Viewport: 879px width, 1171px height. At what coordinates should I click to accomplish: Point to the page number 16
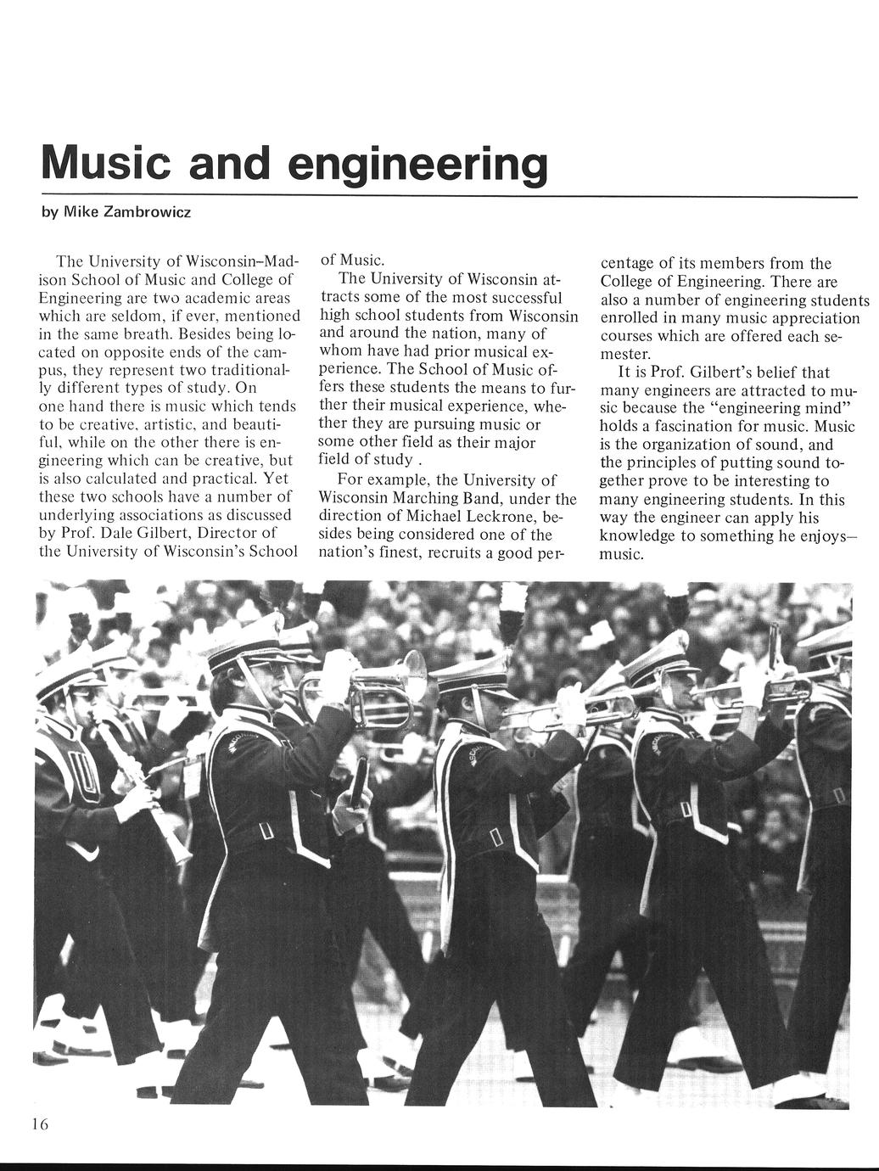click(x=41, y=1124)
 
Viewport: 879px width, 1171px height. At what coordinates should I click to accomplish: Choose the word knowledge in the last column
click(x=638, y=535)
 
